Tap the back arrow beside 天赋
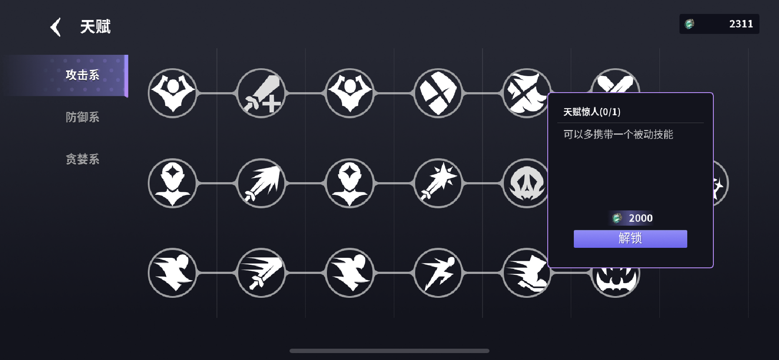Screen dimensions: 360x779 pyautogui.click(x=56, y=27)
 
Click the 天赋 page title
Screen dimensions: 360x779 pyautogui.click(x=95, y=27)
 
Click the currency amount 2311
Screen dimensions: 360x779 pyautogui.click(x=741, y=24)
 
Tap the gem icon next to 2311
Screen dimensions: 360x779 pyautogui.click(x=689, y=24)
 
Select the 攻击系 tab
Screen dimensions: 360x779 pyautogui.click(x=82, y=75)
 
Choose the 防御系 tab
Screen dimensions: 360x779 pyautogui.click(x=82, y=117)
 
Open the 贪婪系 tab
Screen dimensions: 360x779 pyautogui.click(x=82, y=159)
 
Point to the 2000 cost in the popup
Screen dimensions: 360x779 pyautogui.click(x=640, y=218)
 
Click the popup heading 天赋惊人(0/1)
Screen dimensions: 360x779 pyautogui.click(x=592, y=112)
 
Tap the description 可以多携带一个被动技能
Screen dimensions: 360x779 pyautogui.click(x=618, y=134)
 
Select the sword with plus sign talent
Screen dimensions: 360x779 pyautogui.click(x=261, y=93)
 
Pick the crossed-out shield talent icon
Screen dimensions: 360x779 pyautogui.click(x=438, y=93)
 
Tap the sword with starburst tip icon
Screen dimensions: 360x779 pyautogui.click(x=438, y=183)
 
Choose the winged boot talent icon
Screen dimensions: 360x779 pyautogui.click(x=526, y=273)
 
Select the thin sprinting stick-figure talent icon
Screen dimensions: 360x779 pyautogui.click(x=438, y=273)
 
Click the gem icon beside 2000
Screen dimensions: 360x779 pyautogui.click(x=617, y=218)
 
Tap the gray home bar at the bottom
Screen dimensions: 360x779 pyautogui.click(x=389, y=351)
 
